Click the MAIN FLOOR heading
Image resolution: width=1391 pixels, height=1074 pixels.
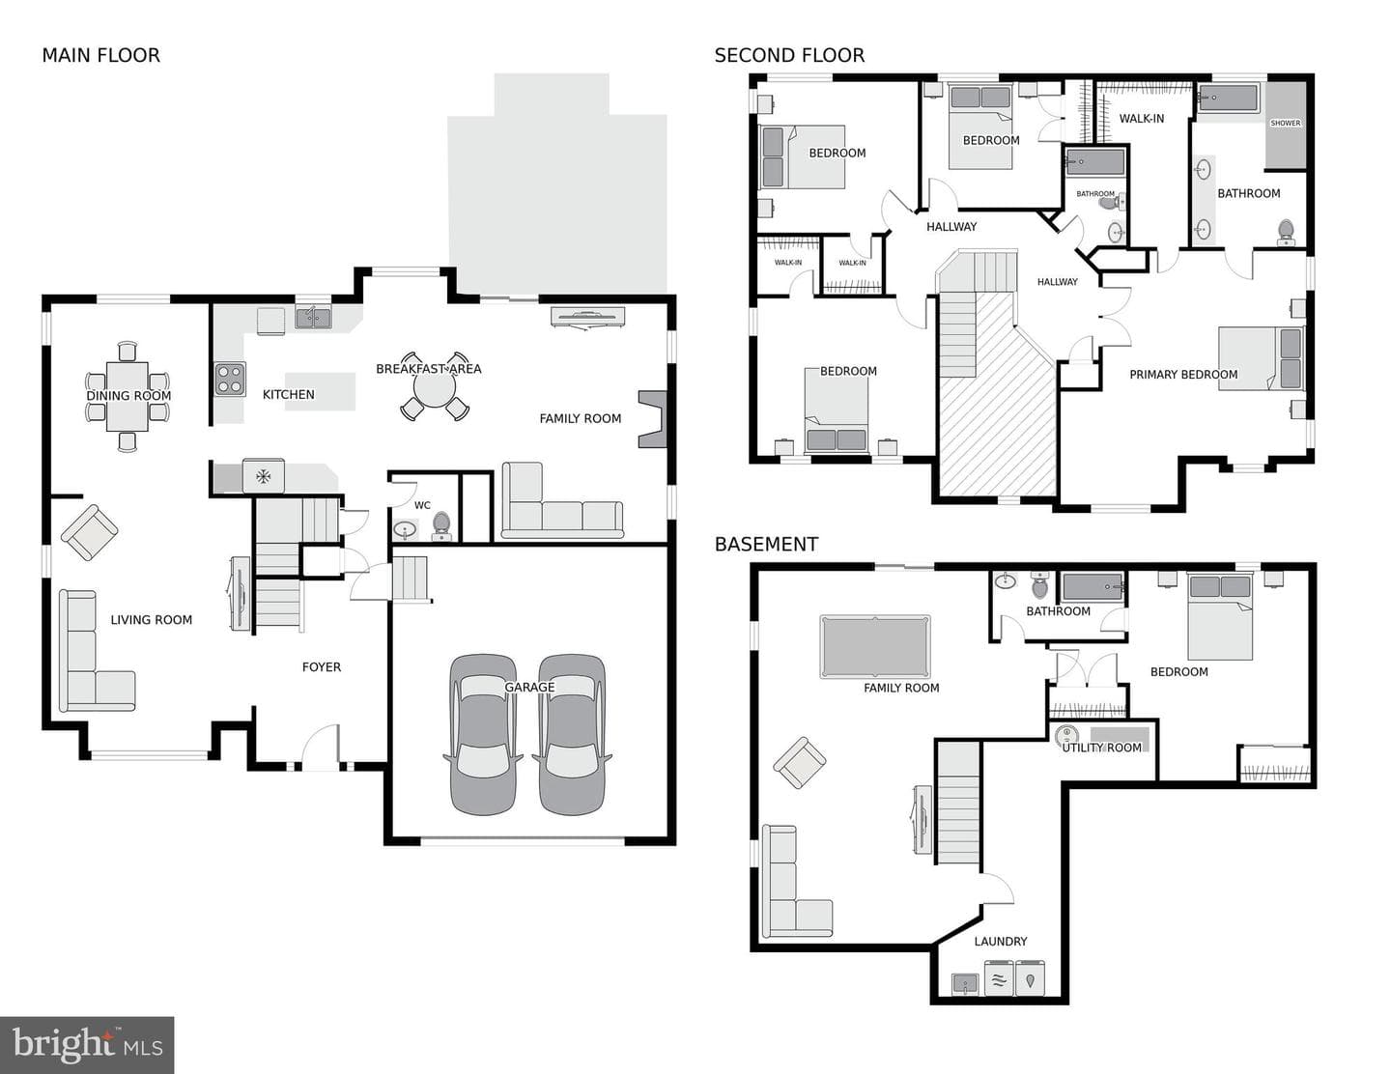(101, 56)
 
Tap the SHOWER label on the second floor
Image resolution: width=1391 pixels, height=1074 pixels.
(1286, 123)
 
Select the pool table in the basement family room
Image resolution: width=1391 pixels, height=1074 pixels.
(875, 646)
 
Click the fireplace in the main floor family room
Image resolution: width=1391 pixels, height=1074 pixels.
(653, 419)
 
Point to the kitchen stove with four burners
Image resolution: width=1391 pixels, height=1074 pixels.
(230, 380)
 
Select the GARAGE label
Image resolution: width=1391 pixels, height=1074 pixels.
(529, 687)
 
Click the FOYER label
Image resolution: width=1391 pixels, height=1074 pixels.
(322, 667)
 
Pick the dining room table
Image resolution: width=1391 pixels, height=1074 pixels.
(128, 397)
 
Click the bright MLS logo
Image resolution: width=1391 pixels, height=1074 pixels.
(87, 1045)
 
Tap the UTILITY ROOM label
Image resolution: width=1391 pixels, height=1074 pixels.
(1101, 748)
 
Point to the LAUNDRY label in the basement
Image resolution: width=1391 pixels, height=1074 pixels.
(1001, 941)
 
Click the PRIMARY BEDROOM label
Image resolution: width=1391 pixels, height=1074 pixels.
(1183, 375)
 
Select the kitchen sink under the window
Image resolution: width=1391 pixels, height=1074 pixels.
(313, 318)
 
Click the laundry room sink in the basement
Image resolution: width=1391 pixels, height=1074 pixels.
(965, 983)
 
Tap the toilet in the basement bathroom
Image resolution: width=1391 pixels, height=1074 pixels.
(1040, 585)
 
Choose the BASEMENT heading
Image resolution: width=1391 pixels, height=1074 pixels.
(766, 544)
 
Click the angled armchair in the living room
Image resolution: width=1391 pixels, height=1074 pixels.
(90, 532)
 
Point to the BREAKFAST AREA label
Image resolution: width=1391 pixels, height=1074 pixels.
(428, 369)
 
